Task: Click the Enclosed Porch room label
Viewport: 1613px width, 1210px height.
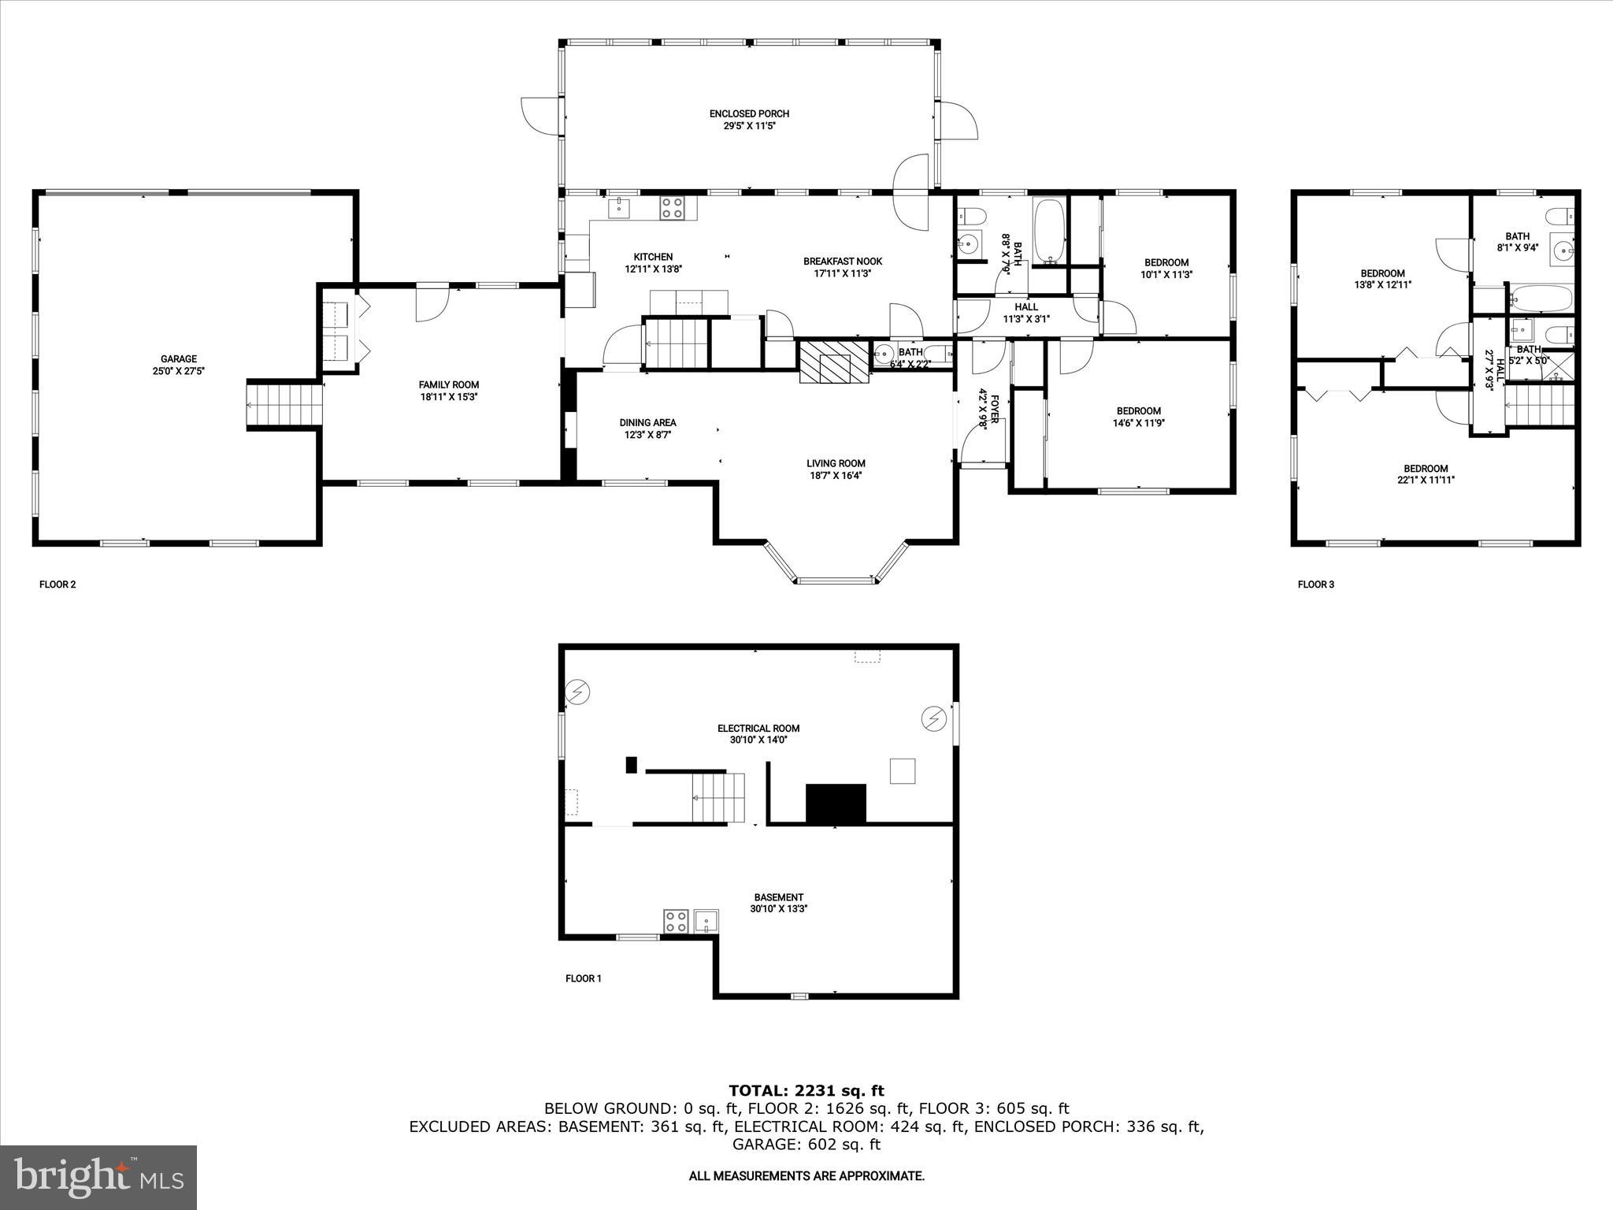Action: click(749, 114)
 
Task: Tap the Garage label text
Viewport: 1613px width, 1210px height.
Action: click(179, 359)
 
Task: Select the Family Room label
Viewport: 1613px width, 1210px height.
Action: click(448, 385)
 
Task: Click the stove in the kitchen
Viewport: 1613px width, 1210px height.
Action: click(672, 208)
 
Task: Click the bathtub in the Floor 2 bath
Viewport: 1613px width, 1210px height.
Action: click(1048, 231)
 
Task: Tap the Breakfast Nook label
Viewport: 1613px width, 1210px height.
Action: click(842, 262)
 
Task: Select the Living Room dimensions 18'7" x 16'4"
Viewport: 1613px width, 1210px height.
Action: click(836, 476)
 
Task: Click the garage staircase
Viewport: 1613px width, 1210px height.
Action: click(285, 404)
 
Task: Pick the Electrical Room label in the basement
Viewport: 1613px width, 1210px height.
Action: click(758, 729)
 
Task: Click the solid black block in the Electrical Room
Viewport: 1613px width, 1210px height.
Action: click(835, 804)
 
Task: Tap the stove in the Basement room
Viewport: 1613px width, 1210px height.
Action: click(676, 921)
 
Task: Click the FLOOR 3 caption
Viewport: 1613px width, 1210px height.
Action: click(1315, 585)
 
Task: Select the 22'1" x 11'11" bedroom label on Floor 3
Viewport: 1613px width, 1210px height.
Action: click(1426, 480)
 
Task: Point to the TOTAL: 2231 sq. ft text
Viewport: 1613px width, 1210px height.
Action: click(806, 1091)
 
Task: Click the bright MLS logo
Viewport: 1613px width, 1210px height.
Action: click(98, 1177)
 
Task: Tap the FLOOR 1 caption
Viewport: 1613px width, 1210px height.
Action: click(583, 978)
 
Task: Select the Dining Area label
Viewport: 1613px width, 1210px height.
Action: click(647, 423)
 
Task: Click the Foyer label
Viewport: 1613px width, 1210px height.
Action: click(994, 410)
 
